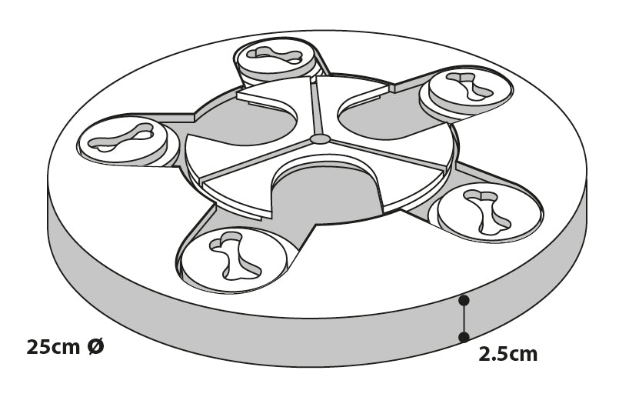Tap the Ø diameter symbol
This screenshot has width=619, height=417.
point(95,347)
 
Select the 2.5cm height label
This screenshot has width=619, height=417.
point(508,354)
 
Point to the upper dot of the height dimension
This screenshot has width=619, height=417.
point(464,301)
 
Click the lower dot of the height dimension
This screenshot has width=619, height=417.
point(464,337)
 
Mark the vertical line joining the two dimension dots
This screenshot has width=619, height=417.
point(464,319)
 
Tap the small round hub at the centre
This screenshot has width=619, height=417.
point(320,139)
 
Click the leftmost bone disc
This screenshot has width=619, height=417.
point(122,140)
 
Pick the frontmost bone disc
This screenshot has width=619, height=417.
point(234,259)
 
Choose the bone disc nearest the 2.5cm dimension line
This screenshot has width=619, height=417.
point(489,212)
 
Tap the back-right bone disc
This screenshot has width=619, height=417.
point(470,91)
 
